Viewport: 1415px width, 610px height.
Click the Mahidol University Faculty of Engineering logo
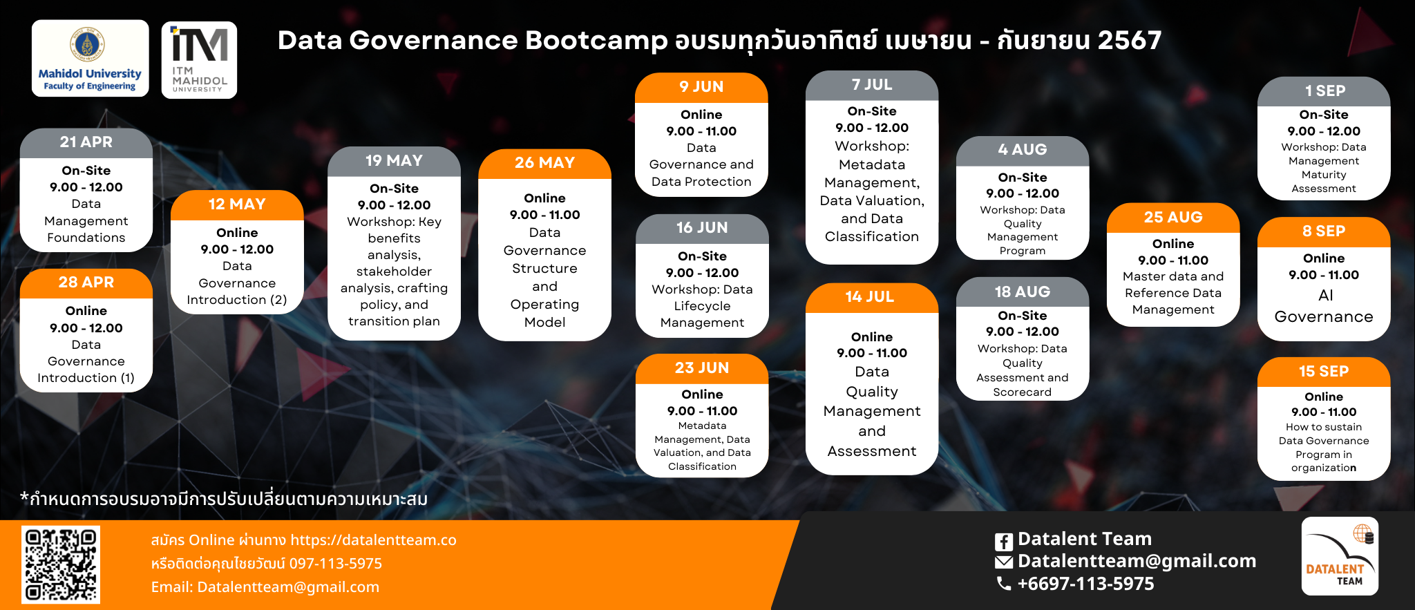tap(91, 58)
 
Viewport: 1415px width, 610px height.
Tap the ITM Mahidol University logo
tap(199, 60)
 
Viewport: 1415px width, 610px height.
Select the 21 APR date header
tap(86, 143)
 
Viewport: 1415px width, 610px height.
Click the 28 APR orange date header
tap(86, 283)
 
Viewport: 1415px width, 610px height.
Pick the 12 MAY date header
tap(237, 205)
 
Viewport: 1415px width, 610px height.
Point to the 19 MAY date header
tap(394, 162)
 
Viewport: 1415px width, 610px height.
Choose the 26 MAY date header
tap(544, 164)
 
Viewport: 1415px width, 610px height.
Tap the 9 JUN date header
tap(701, 88)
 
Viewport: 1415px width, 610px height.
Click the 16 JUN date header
tap(702, 229)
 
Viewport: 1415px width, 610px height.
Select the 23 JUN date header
tap(702, 369)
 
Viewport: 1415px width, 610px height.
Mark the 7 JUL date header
tap(872, 86)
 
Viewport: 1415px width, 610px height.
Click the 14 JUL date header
tap(872, 298)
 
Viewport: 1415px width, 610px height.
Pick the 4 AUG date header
tap(1023, 151)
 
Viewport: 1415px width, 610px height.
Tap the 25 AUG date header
tap(1173, 218)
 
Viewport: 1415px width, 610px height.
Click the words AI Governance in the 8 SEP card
tap(1324, 306)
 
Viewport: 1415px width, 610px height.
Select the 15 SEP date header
tap(1324, 372)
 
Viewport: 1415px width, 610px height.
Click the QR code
tap(61, 564)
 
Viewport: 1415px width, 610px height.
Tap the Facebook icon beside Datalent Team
tap(1004, 542)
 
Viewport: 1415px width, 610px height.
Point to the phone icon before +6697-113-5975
tap(1003, 584)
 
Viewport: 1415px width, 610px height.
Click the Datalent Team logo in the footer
tap(1340, 556)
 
